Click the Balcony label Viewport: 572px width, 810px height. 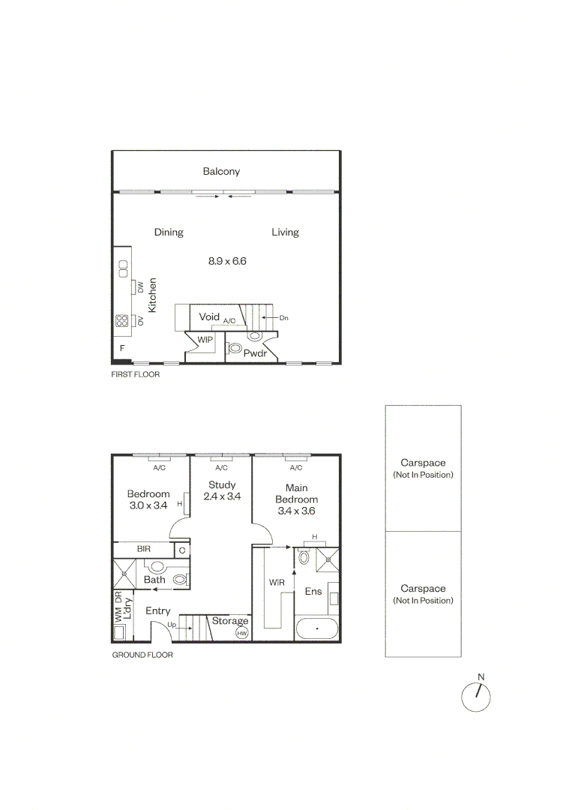pyautogui.click(x=221, y=172)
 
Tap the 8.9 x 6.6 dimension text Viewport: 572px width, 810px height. pyautogui.click(x=227, y=261)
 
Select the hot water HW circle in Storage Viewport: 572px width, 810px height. pyautogui.click(x=241, y=633)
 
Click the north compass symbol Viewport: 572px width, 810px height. pyautogui.click(x=475, y=697)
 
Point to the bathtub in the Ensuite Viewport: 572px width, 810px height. pyautogui.click(x=317, y=628)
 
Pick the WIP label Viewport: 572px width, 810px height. pyautogui.click(x=205, y=340)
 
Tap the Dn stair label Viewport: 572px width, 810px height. pyautogui.click(x=284, y=318)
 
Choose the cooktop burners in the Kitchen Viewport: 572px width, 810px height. pyautogui.click(x=122, y=321)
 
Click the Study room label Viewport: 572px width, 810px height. pyautogui.click(x=222, y=484)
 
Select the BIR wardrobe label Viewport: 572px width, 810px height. pyautogui.click(x=143, y=548)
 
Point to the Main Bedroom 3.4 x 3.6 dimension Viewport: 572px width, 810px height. pyautogui.click(x=296, y=511)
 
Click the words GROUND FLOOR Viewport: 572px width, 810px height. pyautogui.click(x=142, y=655)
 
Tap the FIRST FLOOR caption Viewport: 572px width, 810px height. pyautogui.click(x=135, y=374)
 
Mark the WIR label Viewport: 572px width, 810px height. pyautogui.click(x=277, y=582)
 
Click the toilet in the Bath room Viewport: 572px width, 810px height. pyautogui.click(x=180, y=579)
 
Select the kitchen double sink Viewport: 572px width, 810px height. pyautogui.click(x=123, y=268)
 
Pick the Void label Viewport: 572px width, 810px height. pyautogui.click(x=209, y=316)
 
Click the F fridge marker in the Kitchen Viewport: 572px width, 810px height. pyautogui.click(x=122, y=348)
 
